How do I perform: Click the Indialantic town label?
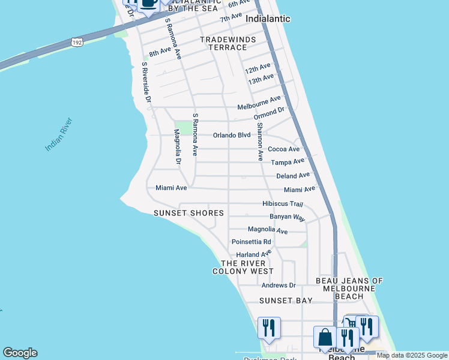[x=268, y=19]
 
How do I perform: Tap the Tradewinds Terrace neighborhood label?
[x=228, y=43]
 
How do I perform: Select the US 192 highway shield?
[x=77, y=42]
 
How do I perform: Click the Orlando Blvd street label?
[x=232, y=135]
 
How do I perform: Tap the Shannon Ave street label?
[x=260, y=142]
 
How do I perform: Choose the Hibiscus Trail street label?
[x=283, y=204]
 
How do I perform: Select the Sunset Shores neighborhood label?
[x=188, y=213]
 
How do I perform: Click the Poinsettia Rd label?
[x=252, y=242]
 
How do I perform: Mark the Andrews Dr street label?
[x=279, y=285]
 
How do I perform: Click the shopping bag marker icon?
[x=325, y=337]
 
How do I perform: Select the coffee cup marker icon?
[x=148, y=3]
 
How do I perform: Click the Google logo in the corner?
[x=20, y=353]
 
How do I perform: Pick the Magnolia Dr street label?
[x=178, y=146]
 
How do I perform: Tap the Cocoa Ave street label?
[x=283, y=149]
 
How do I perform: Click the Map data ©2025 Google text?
[x=412, y=356]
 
